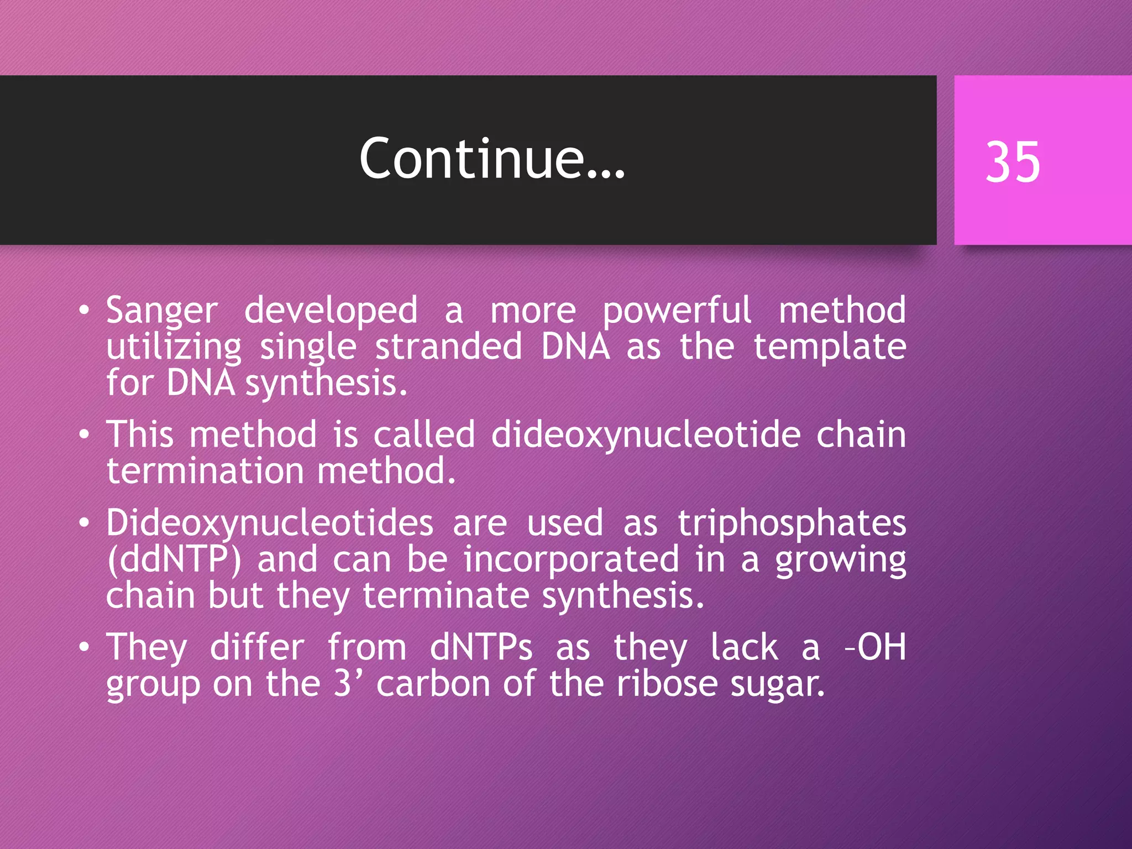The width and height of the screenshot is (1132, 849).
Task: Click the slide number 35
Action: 1013,161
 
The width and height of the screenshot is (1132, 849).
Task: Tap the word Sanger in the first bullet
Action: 161,311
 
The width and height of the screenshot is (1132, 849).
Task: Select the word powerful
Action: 677,311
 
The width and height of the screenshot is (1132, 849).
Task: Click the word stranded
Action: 448,347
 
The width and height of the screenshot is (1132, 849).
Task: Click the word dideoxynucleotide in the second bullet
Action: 646,435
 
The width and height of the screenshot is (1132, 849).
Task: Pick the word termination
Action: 205,471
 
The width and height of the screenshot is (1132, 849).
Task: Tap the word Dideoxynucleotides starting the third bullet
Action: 269,523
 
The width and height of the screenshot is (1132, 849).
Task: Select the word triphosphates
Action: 792,523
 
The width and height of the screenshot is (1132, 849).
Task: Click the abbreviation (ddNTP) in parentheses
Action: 174,560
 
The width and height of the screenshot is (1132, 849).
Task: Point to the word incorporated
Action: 571,560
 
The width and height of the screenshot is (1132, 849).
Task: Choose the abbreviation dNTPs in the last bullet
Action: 481,648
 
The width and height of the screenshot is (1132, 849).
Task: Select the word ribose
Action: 667,684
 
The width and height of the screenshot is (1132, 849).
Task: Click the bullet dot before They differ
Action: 83,647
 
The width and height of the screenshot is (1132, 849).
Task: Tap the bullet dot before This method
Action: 83,434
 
